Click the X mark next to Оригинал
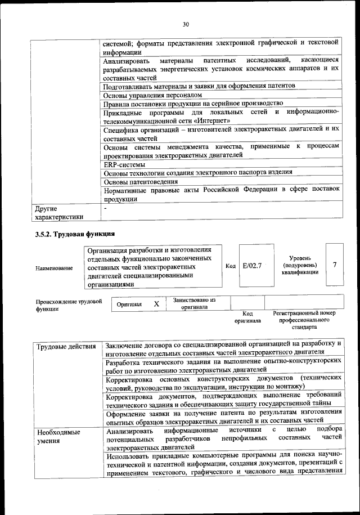point(157,303)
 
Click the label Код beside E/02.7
point(230,265)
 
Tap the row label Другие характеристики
point(59,212)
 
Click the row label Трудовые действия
point(66,346)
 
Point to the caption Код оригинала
point(247,317)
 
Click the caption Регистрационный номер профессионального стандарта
point(304,319)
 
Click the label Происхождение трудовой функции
point(69,305)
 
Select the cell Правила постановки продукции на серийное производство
point(193,104)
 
